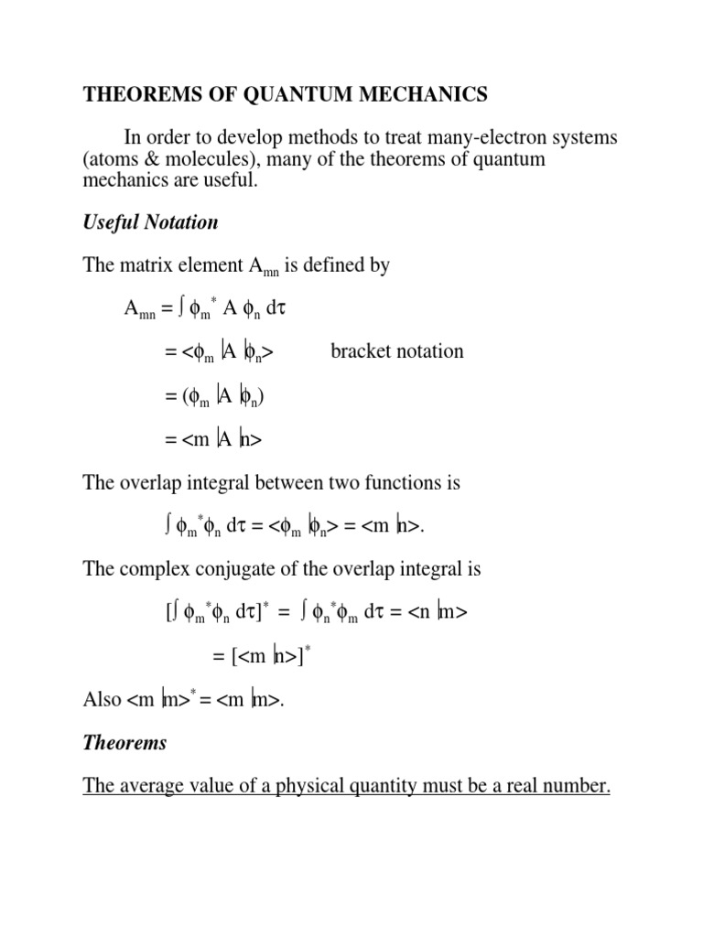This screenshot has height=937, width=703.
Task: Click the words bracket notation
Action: [x=396, y=351]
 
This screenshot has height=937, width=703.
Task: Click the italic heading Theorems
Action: [x=125, y=743]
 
